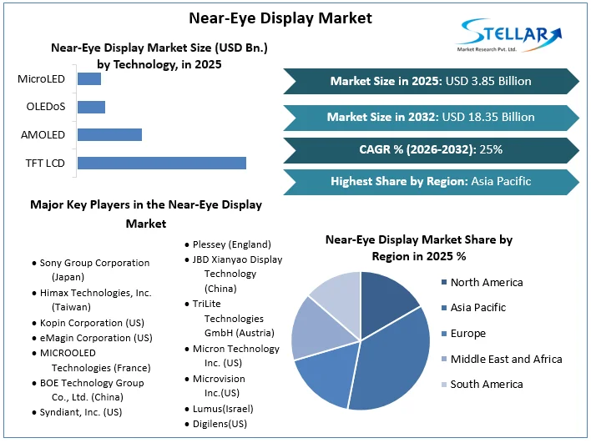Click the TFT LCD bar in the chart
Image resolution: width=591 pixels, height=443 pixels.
tap(161, 163)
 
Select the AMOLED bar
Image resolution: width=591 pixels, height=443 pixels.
tap(109, 134)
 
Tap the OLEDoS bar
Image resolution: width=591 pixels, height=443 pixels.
tap(91, 107)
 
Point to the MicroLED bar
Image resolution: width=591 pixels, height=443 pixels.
tap(88, 79)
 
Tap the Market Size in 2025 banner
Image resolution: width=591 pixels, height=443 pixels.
tap(430, 81)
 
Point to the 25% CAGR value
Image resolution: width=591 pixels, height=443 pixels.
tap(492, 149)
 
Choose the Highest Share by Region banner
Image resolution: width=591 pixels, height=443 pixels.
tap(430, 181)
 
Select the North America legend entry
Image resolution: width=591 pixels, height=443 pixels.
tap(486, 282)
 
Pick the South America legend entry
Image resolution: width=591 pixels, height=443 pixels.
tap(486, 385)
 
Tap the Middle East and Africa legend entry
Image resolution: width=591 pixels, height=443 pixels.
tap(505, 359)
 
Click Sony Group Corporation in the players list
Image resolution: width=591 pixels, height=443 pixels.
tap(94, 263)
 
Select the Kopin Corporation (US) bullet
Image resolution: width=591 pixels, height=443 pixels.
tap(92, 322)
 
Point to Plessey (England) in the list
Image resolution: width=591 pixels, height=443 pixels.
tap(231, 244)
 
